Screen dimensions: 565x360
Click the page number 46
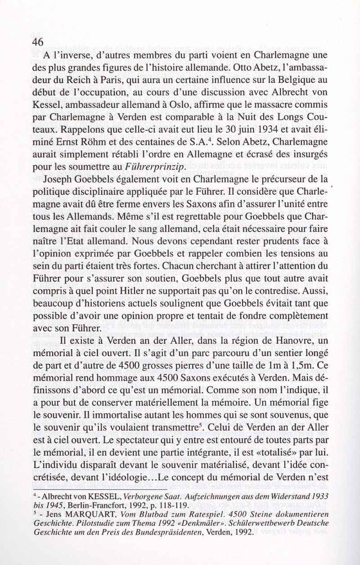[x=37, y=41]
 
